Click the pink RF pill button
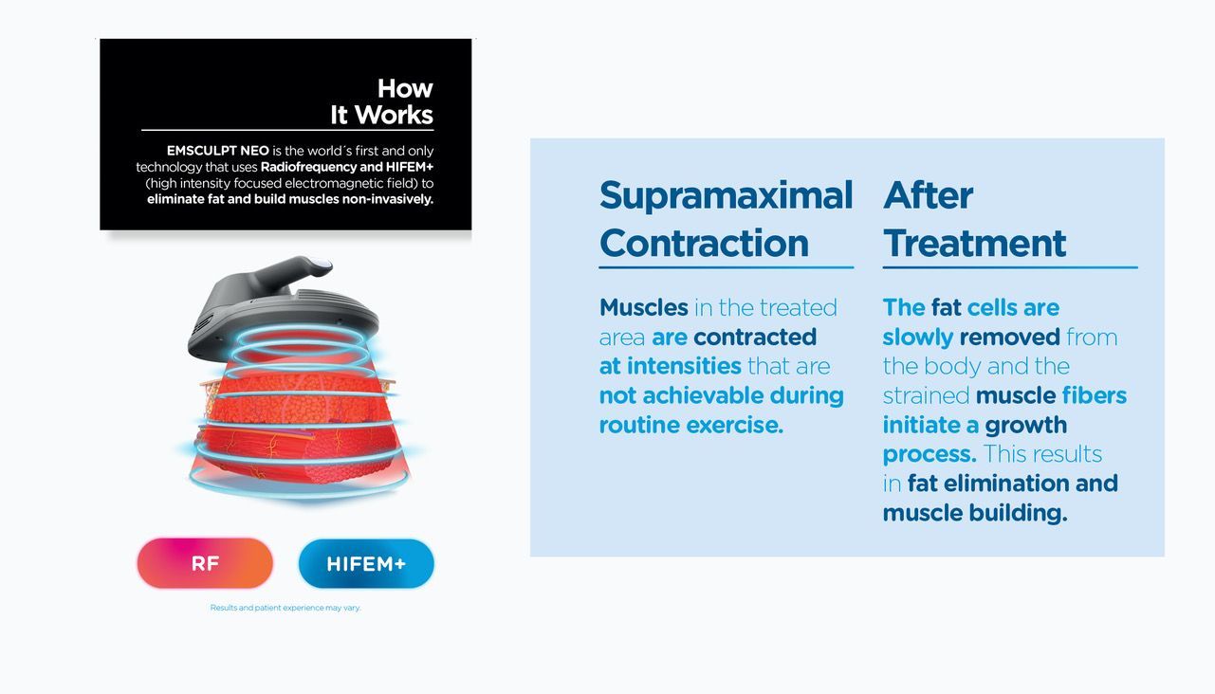tap(205, 563)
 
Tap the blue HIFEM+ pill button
tap(366, 564)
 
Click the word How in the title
tap(405, 88)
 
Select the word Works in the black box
tap(394, 115)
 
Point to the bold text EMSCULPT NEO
tap(217, 151)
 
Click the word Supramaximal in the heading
tap(727, 195)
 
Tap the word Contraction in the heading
tap(704, 243)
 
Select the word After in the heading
tap(928, 195)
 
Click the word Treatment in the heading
tap(975, 243)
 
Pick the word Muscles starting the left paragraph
tap(644, 307)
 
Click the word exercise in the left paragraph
tap(734, 425)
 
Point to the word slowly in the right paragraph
tap(918, 338)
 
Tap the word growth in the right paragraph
tap(1025, 426)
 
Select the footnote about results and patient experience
tap(285, 608)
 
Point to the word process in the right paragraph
tap(930, 455)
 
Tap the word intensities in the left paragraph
tap(684, 367)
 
